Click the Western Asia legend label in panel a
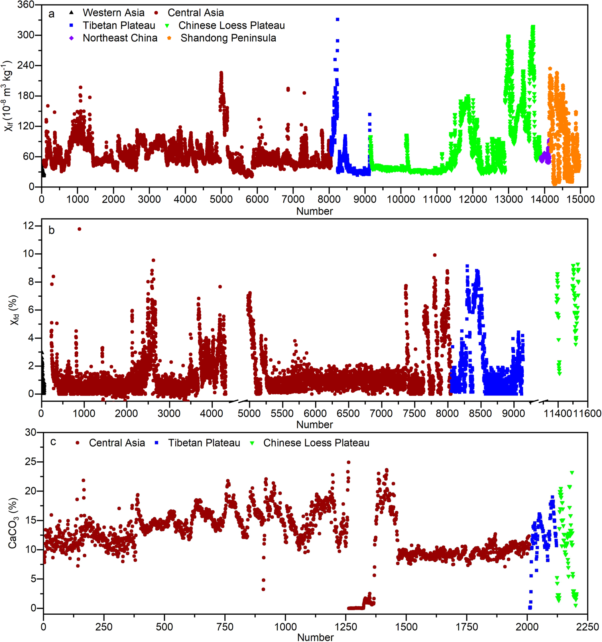coord(113,13)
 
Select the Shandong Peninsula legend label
coord(228,38)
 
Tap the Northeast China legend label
coord(120,38)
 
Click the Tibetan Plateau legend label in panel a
coord(119,26)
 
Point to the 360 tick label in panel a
coord(26,5)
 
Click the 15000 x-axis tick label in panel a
coord(580,200)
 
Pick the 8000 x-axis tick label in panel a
coord(329,200)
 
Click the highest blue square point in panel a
coord(338,19)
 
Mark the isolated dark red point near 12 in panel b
coord(79,229)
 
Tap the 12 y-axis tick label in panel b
coord(29,226)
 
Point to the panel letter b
coord(51,230)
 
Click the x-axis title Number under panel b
coord(315,425)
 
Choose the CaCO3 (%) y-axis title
coord(13,523)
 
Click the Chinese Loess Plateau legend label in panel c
coord(316,443)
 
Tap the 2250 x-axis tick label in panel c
coord(587,627)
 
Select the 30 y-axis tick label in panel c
coord(31,432)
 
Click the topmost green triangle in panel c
coord(572,473)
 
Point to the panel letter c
coord(53,442)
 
